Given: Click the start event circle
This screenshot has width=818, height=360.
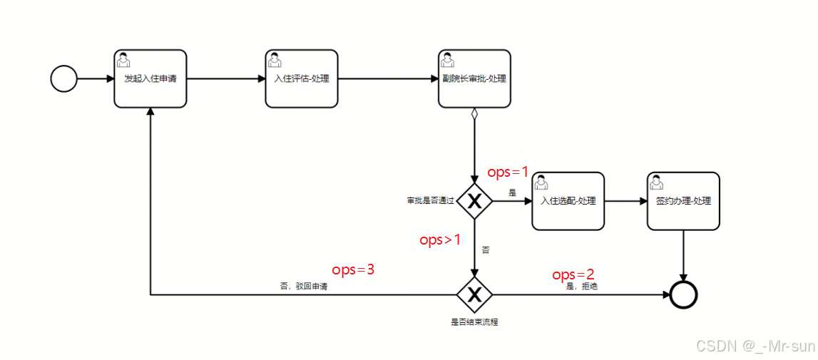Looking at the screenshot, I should point(64,78).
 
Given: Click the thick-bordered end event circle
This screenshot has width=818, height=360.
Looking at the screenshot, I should point(684,294).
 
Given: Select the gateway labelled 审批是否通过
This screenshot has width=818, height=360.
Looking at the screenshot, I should point(474,202).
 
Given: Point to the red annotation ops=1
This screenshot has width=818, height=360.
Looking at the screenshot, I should point(508,173).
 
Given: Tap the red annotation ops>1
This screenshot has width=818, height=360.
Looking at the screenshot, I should point(440,240).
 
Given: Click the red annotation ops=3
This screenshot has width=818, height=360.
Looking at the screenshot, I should point(353,270).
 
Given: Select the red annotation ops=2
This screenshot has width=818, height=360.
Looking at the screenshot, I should point(573,275).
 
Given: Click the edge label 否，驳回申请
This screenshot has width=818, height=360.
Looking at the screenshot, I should point(304,287).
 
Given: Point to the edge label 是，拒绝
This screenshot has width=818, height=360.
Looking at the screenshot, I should point(582,287).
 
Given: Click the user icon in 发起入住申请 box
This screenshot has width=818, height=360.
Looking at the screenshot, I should point(123,58).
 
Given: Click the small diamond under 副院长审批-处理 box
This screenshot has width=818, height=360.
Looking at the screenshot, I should point(474,113).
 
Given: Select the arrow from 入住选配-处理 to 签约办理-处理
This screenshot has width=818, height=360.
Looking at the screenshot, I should point(625,201).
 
